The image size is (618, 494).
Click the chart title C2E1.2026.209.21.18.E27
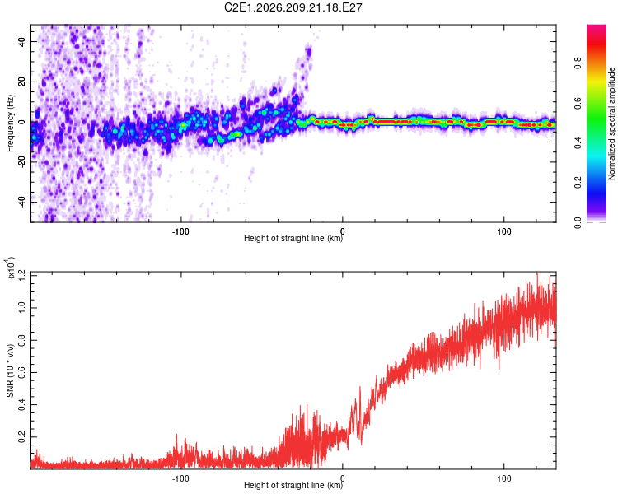[x=293, y=7]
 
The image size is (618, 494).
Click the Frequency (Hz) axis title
[x=10, y=123]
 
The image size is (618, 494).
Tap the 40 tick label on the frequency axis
[x=21, y=41]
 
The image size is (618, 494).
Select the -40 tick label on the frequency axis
[x=21, y=202]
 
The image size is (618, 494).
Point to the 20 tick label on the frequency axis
[x=21, y=82]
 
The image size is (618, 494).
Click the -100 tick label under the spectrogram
[x=180, y=231]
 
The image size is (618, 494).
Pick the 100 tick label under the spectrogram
[x=503, y=231]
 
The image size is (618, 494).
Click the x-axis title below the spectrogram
[x=293, y=238]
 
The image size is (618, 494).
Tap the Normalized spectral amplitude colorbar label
[x=611, y=123]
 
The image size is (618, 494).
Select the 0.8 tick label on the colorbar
[x=578, y=63]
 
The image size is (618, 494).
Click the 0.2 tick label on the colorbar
[x=578, y=183]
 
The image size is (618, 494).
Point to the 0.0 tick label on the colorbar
[x=578, y=222]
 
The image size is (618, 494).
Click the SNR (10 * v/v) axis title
[x=10, y=370]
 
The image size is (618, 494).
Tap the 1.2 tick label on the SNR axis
[x=21, y=276]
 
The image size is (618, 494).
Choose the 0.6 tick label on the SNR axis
[x=21, y=372]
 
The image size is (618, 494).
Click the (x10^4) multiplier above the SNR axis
[x=9, y=268]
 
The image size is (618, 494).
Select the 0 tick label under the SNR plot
[x=343, y=478]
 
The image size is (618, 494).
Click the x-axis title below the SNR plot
[x=293, y=485]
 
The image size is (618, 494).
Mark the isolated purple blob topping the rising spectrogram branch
[x=309, y=52]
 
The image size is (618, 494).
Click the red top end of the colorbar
[x=597, y=27]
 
